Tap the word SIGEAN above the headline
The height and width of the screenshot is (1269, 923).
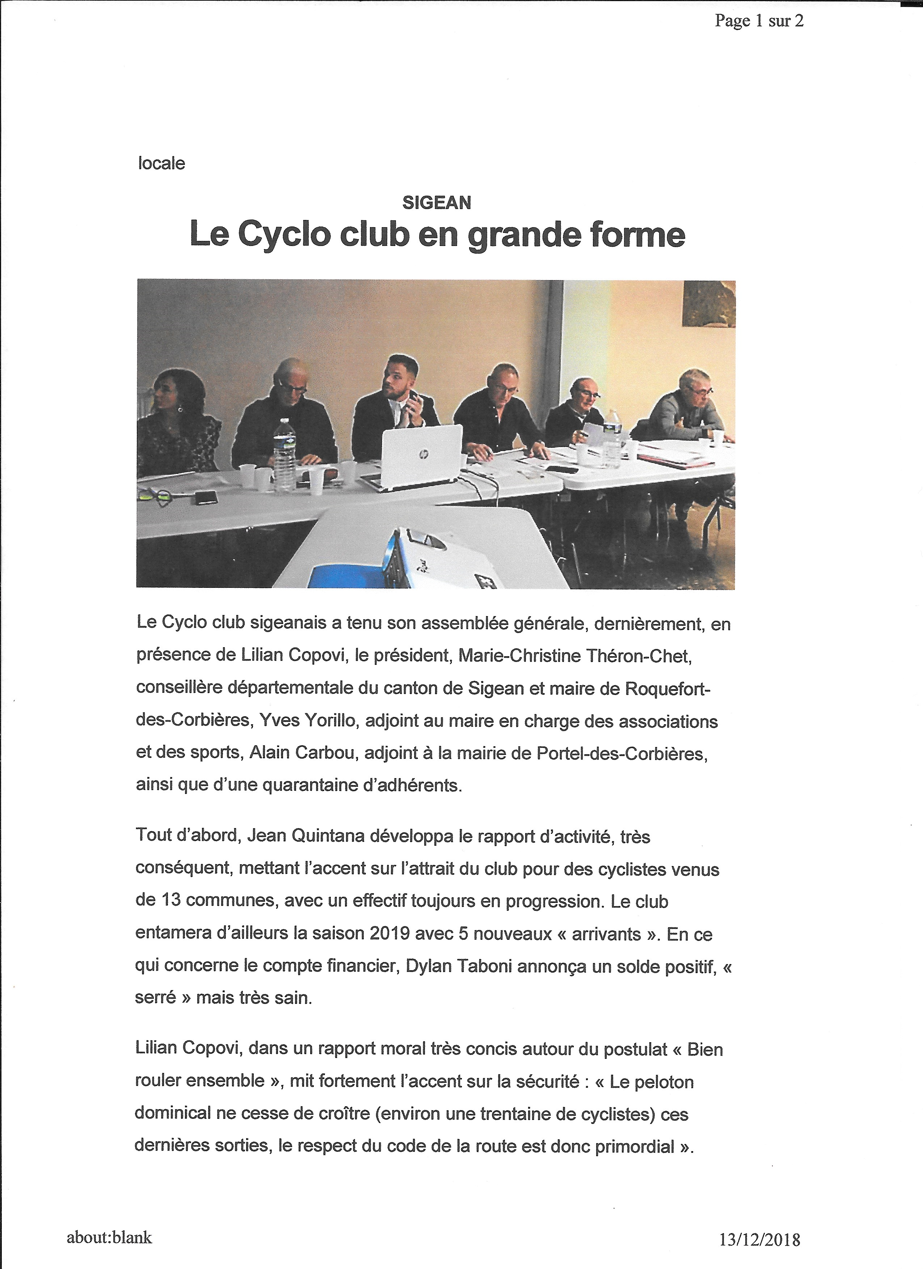[437, 203]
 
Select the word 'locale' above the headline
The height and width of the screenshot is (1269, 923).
[161, 164]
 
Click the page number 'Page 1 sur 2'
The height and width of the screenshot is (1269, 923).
[759, 21]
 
